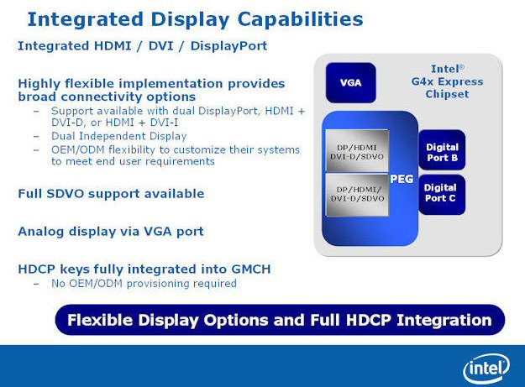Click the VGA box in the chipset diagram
coord(350,82)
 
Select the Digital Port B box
coord(442,150)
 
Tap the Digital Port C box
coord(442,195)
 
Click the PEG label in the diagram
coord(402,180)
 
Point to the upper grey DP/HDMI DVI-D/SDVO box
coord(357,151)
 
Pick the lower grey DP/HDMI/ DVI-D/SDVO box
coord(357,194)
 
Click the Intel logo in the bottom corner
coord(486,369)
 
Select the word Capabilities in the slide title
coord(300,19)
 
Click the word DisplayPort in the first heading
coord(228,46)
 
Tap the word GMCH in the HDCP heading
coord(251,269)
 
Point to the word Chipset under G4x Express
coord(447,94)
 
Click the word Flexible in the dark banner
coord(100,320)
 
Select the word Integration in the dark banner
coord(444,320)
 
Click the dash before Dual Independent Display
coord(36,137)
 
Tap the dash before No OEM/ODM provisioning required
coord(36,284)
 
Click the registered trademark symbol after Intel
coord(462,67)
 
